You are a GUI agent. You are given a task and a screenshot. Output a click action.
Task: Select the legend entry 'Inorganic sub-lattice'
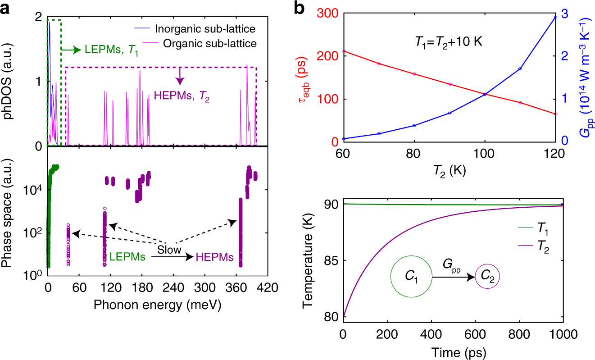coord(205,29)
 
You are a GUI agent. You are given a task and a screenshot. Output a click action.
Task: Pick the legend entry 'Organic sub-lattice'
coord(205,44)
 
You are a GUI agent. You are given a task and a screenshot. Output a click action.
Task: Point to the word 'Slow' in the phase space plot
coord(169,249)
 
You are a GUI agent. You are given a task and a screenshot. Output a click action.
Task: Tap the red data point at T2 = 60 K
coord(344,51)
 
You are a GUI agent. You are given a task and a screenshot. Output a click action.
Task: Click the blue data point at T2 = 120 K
coord(555,17)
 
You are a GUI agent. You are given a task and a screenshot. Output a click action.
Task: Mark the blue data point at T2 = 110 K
coord(520,68)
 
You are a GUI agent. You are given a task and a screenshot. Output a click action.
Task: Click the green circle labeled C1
coord(411,277)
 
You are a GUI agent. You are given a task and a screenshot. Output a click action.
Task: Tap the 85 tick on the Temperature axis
coord(332,260)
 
